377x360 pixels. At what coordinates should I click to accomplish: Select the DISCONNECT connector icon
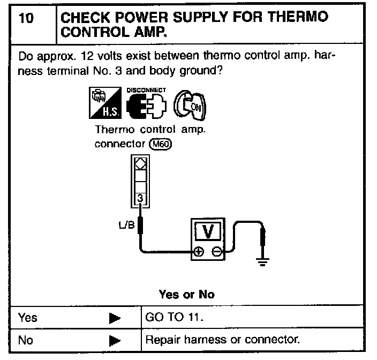pyautogui.click(x=147, y=106)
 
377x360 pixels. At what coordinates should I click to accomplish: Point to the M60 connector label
pyautogui.click(x=161, y=145)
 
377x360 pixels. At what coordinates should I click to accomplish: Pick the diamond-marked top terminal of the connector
pyautogui.click(x=139, y=163)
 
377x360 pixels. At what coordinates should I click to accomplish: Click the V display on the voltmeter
pyautogui.click(x=208, y=231)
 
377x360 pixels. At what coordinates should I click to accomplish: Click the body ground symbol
pyautogui.click(x=262, y=261)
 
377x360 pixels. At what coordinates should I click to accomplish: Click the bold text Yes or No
pyautogui.click(x=186, y=294)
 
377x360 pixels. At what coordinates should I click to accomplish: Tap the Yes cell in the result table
pyautogui.click(x=28, y=318)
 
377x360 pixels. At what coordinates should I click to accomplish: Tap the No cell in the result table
pyautogui.click(x=26, y=340)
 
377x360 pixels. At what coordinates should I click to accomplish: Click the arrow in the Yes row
pyautogui.click(x=114, y=318)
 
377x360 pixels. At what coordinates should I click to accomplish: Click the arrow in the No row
pyautogui.click(x=114, y=340)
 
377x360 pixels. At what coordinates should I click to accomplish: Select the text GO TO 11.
pyautogui.click(x=175, y=318)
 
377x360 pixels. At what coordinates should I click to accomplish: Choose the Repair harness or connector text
pyautogui.click(x=222, y=340)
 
